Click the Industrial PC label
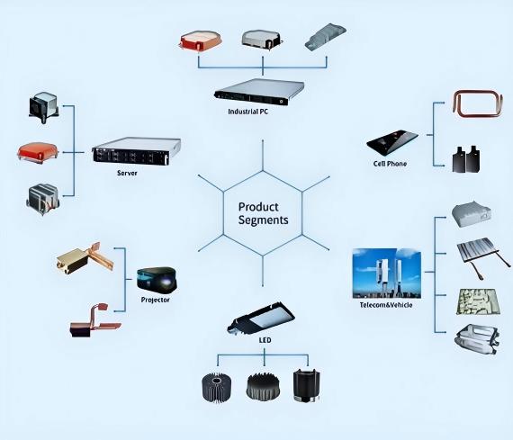point(248,112)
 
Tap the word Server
point(127,173)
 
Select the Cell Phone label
point(390,164)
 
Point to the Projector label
point(156,300)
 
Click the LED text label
point(265,340)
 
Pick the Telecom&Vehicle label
point(386,305)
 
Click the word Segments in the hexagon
point(264,220)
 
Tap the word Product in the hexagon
point(258,207)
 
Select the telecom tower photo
point(387,274)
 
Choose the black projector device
point(157,279)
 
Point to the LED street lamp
point(261,318)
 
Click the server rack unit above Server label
point(137,151)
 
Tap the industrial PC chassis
point(259,92)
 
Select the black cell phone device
point(392,142)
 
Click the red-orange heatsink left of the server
point(38,152)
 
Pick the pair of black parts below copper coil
point(466,159)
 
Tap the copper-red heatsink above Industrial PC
point(201,41)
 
